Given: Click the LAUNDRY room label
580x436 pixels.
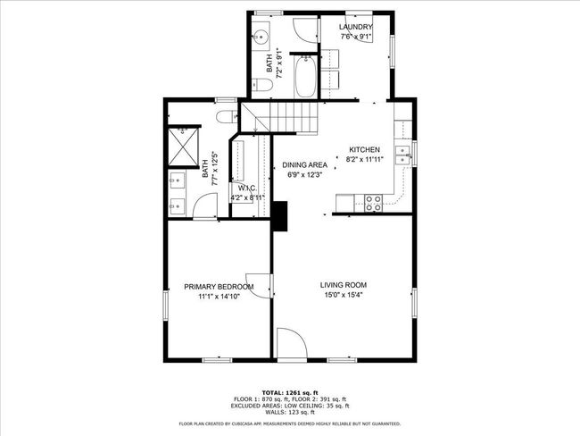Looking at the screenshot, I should point(355,28).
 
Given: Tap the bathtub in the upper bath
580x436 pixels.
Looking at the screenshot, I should point(303,78).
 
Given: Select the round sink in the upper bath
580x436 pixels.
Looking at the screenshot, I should point(261,38).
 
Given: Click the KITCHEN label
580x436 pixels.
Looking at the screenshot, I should point(365,149).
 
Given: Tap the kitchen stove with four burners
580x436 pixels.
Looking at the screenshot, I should point(373,204).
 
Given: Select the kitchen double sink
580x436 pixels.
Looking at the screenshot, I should point(402,152).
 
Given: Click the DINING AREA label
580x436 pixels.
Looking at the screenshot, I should point(304,165).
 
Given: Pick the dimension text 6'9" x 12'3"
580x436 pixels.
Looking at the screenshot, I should point(304,175).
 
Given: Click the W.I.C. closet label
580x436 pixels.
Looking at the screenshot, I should point(243,188).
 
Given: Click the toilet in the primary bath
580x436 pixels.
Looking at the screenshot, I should point(226,117).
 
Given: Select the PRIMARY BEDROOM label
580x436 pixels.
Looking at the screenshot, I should point(219,287).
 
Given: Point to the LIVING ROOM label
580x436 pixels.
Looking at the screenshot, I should point(344,285).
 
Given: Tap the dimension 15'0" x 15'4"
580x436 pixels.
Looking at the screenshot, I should point(344,296).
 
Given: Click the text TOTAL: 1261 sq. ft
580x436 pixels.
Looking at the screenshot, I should point(290,392).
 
